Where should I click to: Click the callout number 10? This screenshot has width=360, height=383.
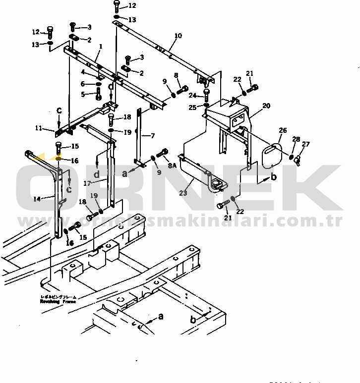(x=178, y=36)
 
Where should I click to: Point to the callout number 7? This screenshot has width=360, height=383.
(x=152, y=135)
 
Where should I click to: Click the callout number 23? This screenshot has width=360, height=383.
(x=183, y=194)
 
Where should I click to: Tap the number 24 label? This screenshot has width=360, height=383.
(x=193, y=95)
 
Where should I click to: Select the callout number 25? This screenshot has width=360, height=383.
(x=193, y=108)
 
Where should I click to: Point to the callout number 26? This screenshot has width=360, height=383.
(x=282, y=131)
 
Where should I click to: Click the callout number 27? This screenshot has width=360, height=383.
(x=305, y=144)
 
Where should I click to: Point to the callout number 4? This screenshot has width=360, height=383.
(x=83, y=72)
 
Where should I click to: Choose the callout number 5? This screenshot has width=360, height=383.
(x=83, y=94)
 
